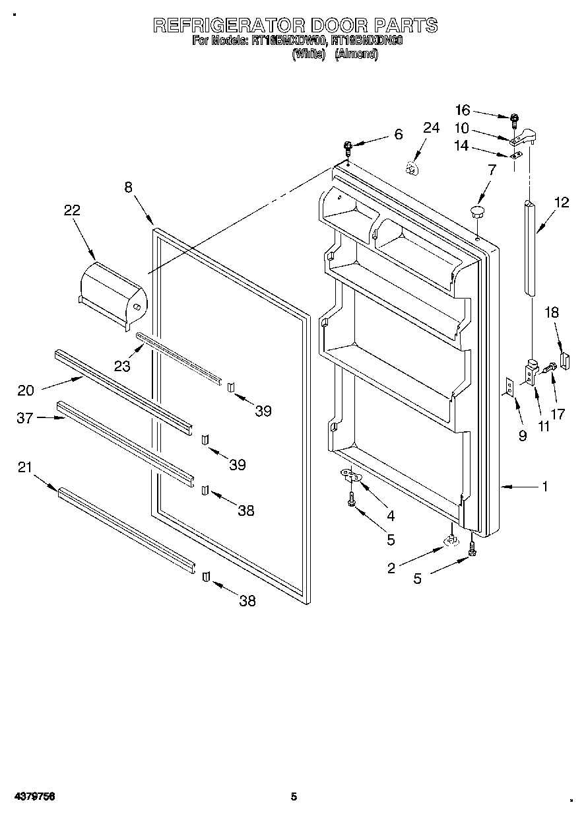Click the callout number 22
pos(72,210)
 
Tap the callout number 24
pos(431,128)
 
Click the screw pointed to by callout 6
pos(348,147)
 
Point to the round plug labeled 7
pos(476,212)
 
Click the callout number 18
pos(552,312)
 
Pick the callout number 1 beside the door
pos(545,487)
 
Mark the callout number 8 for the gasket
pos(128,187)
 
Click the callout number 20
pos(26,390)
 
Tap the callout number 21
pos(24,468)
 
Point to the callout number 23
pos(121,365)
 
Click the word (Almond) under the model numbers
pos(356,55)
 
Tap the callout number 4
pos(391,514)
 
